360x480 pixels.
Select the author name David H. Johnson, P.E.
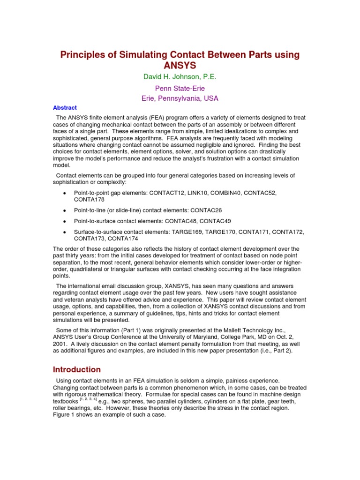[x=180, y=76]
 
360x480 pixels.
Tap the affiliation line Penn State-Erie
[x=180, y=88]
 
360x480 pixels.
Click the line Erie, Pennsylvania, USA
[x=180, y=98]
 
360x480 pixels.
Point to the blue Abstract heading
[x=65, y=107]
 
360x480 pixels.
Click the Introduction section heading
[x=76, y=369]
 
